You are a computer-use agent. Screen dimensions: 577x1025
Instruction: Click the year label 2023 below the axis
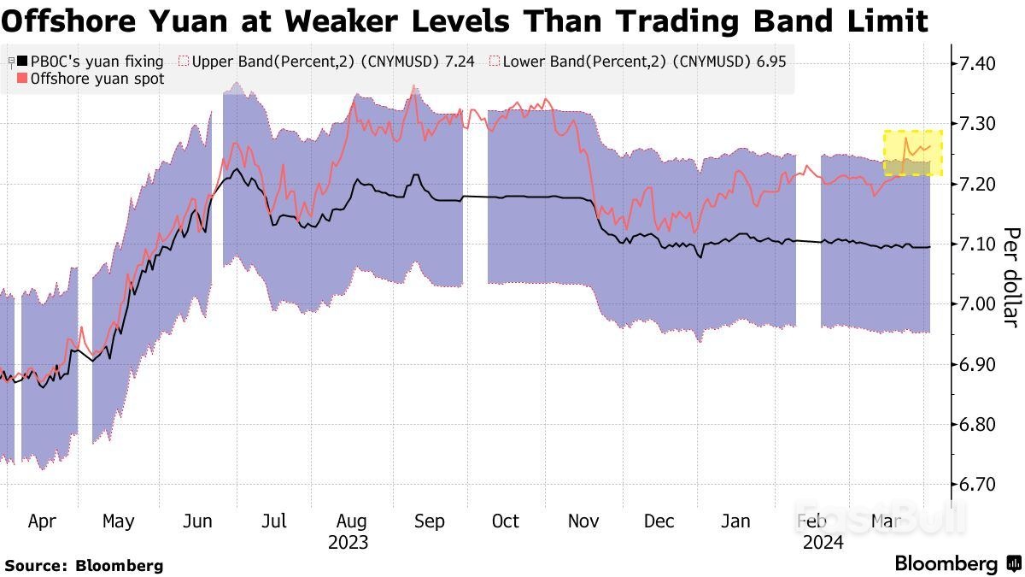coord(348,543)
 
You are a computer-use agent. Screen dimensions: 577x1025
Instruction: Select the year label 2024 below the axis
coord(822,543)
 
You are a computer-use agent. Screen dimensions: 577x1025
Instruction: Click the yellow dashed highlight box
coord(912,153)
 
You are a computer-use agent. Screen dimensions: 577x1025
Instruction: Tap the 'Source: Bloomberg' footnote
coord(84,565)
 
